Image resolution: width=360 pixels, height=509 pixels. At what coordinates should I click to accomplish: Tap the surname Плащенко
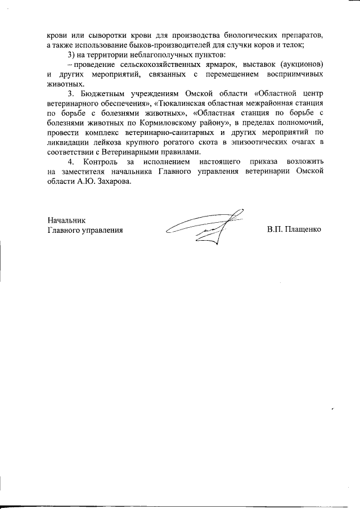[303, 230]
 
